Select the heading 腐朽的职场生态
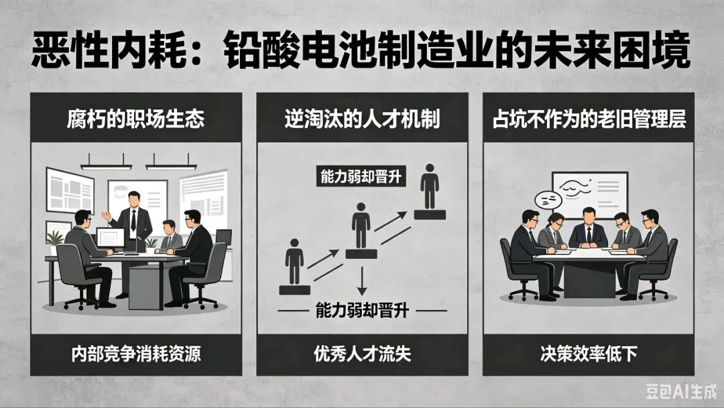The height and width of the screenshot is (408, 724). tap(135, 120)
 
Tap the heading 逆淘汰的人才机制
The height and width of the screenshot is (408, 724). tap(361, 120)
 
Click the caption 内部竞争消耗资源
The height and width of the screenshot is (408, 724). tap(135, 354)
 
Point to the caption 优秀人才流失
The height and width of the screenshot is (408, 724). tap(361, 354)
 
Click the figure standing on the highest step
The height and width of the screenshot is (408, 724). tap(430, 190)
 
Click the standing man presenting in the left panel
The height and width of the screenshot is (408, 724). tap(134, 221)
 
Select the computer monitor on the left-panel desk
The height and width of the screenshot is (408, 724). tap(111, 238)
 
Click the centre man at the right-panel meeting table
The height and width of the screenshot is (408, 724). tap(588, 228)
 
